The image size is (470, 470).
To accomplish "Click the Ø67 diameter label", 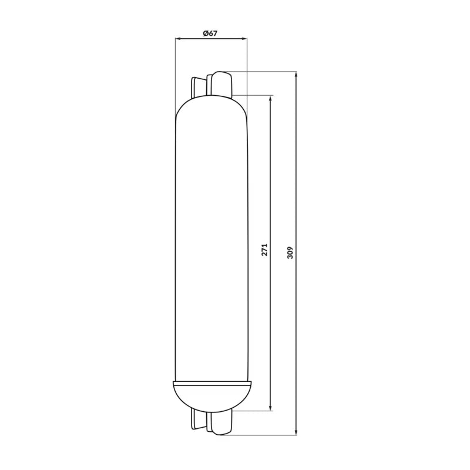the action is pos(210,33).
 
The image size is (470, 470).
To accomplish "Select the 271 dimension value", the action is pos(264,250).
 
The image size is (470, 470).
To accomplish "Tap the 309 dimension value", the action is pos(290,253).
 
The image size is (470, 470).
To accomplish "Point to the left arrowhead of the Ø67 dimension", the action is pos(177,39).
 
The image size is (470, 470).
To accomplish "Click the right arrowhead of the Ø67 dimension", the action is pos(244,39).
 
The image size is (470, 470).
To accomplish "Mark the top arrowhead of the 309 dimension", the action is pos(296,74).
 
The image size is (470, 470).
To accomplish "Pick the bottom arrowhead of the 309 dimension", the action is pos(296,432).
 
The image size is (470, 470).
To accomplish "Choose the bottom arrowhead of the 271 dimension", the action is pos(271,408).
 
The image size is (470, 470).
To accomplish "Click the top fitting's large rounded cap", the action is pos(221,84).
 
